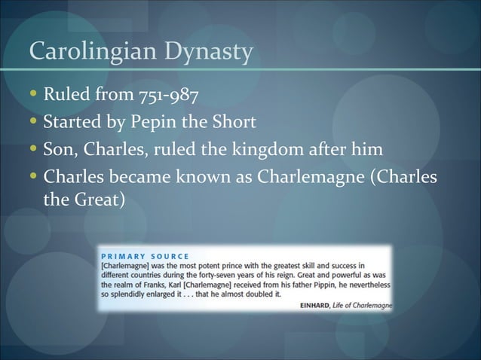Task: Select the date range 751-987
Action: point(170,97)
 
